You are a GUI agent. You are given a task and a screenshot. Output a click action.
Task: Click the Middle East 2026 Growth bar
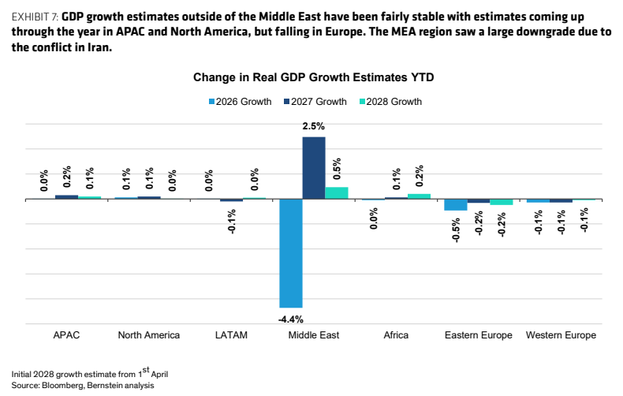coord(291,253)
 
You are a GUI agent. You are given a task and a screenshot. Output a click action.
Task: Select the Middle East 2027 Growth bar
coord(314,168)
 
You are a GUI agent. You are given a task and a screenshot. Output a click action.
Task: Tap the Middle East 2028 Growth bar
coord(337,193)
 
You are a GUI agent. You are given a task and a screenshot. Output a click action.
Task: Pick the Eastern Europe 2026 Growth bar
coord(456,205)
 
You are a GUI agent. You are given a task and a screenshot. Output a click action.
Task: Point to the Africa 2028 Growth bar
coord(420,196)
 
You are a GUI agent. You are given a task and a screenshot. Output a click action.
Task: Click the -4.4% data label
coord(291,319)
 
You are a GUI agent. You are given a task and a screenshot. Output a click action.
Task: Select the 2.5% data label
coord(314,126)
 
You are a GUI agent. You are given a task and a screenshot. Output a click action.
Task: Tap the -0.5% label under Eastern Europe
coord(456,230)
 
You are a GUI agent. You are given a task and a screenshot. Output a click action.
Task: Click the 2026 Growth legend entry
coord(241,102)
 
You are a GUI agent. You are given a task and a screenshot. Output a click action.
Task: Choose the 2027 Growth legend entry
coord(315,102)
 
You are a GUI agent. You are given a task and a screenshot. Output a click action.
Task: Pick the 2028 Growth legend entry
coord(390,102)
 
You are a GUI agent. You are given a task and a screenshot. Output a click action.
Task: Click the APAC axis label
coord(66,335)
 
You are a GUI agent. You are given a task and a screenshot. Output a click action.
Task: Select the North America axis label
coord(149,335)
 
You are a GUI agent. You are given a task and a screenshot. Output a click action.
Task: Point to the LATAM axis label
coord(231,335)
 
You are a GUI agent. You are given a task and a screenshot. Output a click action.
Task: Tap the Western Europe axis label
coord(561,335)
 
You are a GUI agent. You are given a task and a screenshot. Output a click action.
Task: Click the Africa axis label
coord(396,335)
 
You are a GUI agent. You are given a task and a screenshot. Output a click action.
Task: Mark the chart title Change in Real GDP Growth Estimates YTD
coord(314,77)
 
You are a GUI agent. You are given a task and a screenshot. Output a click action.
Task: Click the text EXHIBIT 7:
coord(35,17)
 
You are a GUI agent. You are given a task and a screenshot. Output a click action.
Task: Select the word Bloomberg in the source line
coord(63,385)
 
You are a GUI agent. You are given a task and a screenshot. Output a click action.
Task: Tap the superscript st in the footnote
coord(146,370)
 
